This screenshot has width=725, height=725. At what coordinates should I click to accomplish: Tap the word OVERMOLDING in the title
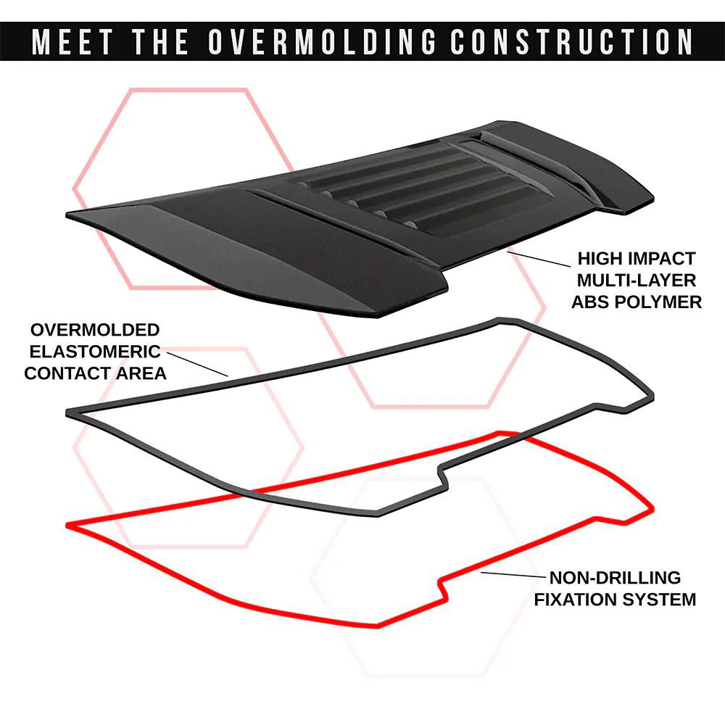pyautogui.click(x=322, y=41)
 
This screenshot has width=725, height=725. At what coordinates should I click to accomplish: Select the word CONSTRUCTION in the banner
pyautogui.click(x=571, y=41)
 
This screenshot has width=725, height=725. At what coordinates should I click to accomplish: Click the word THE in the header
pyautogui.click(x=160, y=41)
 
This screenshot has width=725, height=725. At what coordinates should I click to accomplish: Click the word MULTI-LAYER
pyautogui.click(x=637, y=280)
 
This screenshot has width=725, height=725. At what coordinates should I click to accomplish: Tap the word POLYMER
pyautogui.click(x=656, y=302)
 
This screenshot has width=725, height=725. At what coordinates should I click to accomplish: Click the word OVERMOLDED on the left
pyautogui.click(x=95, y=330)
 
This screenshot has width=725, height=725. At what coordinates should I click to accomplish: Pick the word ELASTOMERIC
pyautogui.click(x=95, y=352)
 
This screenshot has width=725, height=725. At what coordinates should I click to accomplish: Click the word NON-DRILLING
pyautogui.click(x=615, y=578)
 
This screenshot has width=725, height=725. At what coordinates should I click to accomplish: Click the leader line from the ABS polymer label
pyautogui.click(x=539, y=259)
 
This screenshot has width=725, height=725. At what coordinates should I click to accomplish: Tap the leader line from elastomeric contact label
pyautogui.click(x=197, y=365)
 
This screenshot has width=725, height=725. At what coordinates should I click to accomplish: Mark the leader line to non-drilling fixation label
pyautogui.click(x=513, y=575)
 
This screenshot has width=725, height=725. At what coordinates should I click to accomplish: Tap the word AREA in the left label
pyautogui.click(x=141, y=373)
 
